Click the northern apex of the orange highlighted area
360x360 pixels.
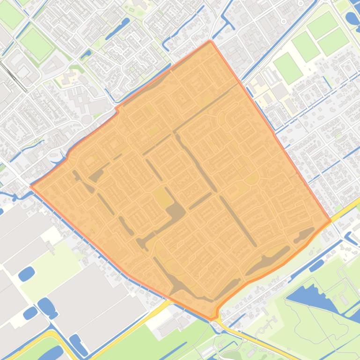click(211, 41)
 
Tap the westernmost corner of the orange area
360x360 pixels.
click(31, 186)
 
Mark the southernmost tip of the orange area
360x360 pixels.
click(212, 320)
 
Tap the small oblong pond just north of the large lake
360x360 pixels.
click(316, 265)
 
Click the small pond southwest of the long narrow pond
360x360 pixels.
click(86, 54)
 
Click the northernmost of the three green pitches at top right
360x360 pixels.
click(323, 25)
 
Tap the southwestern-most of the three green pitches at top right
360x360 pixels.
click(288, 68)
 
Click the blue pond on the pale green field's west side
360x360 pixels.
click(26, 274)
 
